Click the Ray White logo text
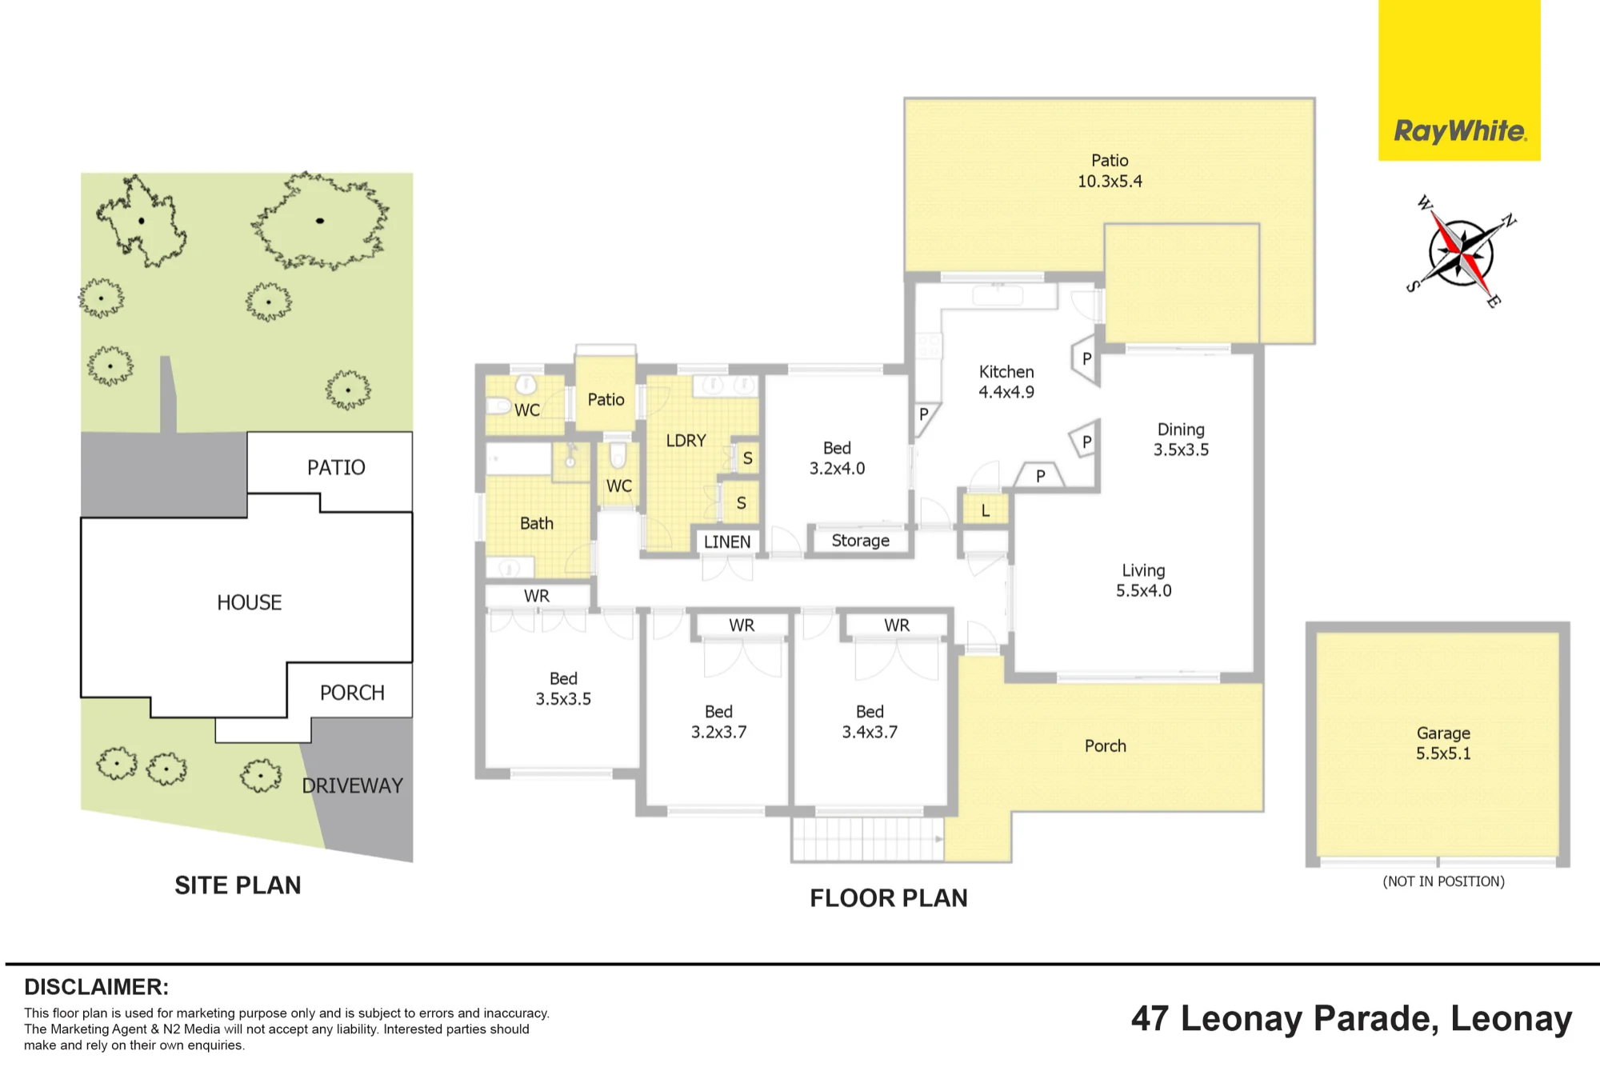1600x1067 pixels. pyautogui.click(x=1460, y=131)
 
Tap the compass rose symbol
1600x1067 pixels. pyautogui.click(x=1461, y=252)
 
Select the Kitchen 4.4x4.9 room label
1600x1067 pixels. pyautogui.click(x=1006, y=382)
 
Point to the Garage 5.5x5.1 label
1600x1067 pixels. pyautogui.click(x=1443, y=743)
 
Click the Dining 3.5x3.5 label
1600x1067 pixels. pyautogui.click(x=1181, y=440)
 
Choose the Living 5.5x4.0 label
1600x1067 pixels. pyautogui.click(x=1143, y=581)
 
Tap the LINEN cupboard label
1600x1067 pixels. pyautogui.click(x=727, y=541)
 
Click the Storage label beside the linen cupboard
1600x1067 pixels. pyautogui.click(x=860, y=541)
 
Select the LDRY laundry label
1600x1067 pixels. pyautogui.click(x=686, y=441)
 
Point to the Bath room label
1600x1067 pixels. pyautogui.click(x=537, y=523)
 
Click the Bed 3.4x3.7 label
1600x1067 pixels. pyautogui.click(x=870, y=721)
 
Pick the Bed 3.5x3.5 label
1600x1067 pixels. pyautogui.click(x=563, y=689)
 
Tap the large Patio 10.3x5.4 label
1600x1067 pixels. pyautogui.click(x=1110, y=171)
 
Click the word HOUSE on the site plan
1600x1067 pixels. pyautogui.click(x=249, y=602)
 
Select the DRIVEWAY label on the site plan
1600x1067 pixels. pyautogui.click(x=352, y=786)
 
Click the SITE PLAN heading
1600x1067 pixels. pyautogui.click(x=238, y=885)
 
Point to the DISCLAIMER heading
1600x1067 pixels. pyautogui.click(x=96, y=987)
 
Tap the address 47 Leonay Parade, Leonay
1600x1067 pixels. pyautogui.click(x=1351, y=1019)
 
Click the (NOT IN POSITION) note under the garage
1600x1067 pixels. pyautogui.click(x=1443, y=881)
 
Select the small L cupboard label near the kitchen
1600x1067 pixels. pyautogui.click(x=986, y=511)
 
